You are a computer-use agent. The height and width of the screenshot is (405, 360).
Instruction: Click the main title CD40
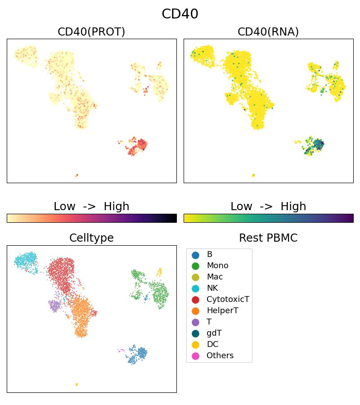[180, 14]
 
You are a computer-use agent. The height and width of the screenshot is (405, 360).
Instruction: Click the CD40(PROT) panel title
[91, 31]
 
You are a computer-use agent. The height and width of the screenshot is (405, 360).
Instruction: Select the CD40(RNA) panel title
[268, 31]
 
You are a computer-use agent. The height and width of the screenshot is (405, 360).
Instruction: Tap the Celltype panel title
[91, 238]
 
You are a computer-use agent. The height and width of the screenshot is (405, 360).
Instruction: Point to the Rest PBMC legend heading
[268, 238]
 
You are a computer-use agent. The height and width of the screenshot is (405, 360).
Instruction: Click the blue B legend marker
[195, 255]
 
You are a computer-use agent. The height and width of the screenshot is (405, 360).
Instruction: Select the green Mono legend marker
[195, 266]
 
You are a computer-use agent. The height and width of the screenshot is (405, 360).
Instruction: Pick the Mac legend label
[215, 277]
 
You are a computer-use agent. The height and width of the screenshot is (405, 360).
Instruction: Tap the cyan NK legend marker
[195, 288]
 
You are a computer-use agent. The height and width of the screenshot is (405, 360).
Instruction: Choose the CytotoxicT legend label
[228, 300]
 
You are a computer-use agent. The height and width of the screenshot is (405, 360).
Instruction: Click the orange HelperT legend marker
[195, 311]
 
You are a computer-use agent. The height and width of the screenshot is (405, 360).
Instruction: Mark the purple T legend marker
[195, 322]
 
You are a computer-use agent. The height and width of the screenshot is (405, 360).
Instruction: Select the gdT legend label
[214, 333]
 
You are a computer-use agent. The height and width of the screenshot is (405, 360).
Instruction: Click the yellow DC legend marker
[195, 345]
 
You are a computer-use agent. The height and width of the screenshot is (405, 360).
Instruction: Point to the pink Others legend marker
[195, 356]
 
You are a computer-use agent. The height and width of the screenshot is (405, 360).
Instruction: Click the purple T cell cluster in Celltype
[55, 306]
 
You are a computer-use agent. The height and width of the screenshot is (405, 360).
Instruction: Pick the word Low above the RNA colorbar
[241, 207]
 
